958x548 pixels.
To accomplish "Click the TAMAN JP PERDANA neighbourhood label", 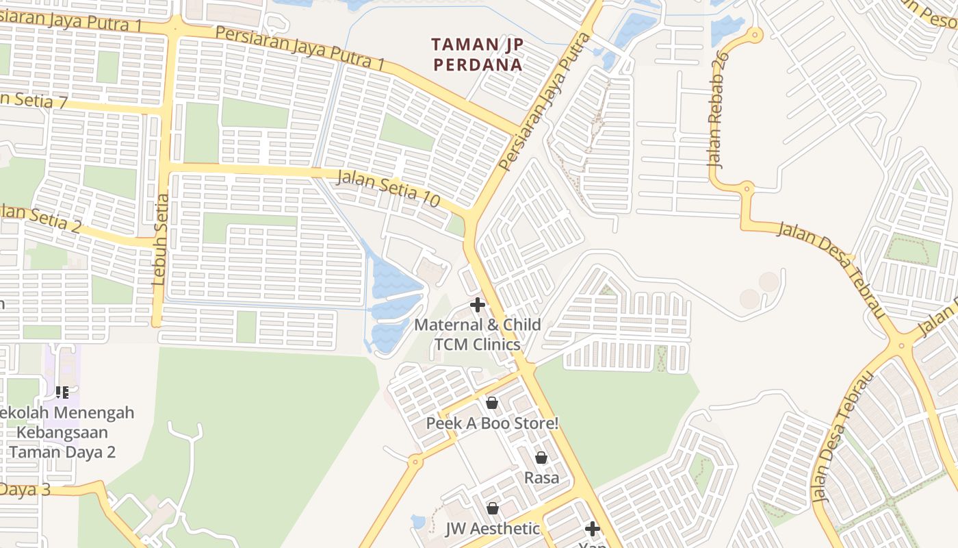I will [477, 55].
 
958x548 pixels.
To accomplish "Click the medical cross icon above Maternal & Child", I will [478, 305].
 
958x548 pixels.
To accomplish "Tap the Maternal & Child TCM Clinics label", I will [478, 334].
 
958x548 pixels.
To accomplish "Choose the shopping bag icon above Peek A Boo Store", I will [491, 403].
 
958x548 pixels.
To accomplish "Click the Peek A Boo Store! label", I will [492, 423].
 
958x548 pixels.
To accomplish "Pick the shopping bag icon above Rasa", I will [541, 458].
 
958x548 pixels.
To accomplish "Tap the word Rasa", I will [541, 477].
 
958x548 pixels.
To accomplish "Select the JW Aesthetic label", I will [493, 529].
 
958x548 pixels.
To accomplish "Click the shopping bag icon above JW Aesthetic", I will [492, 508].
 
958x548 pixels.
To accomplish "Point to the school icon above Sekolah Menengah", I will [62, 393].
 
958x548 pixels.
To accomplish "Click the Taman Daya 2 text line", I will [63, 452].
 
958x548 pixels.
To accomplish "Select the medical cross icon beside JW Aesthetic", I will [593, 528].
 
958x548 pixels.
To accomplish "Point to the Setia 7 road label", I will [34, 100].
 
